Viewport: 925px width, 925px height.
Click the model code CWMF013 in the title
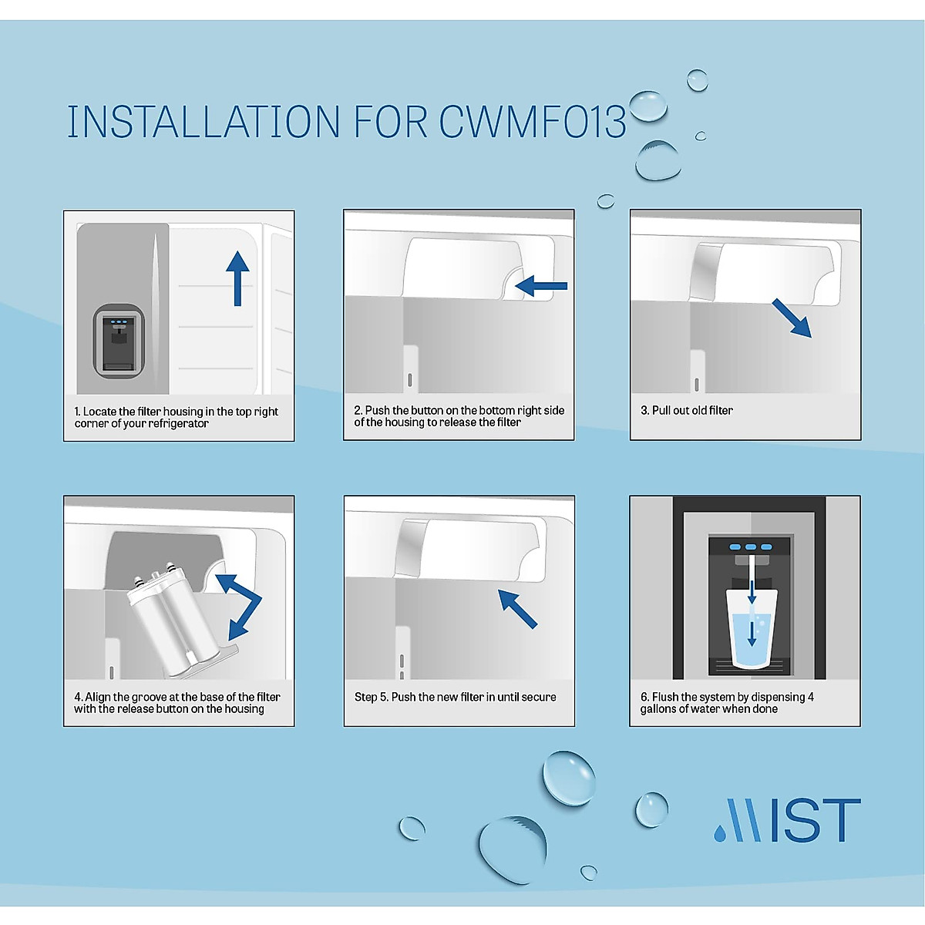coord(533,122)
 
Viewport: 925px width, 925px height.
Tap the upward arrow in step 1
coord(237,277)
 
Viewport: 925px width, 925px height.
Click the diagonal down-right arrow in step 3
coord(792,318)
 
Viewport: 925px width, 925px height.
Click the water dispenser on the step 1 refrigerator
coord(119,341)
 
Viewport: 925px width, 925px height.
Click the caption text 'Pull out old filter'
coord(692,410)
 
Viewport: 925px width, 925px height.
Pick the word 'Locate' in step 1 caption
coord(99,412)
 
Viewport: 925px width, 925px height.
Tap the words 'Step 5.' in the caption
coord(371,697)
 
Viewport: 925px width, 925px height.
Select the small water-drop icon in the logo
coord(720,833)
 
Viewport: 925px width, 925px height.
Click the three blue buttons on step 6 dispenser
coord(748,547)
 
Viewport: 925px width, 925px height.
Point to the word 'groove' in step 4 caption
coord(148,697)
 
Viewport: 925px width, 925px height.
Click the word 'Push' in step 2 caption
coord(377,410)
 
